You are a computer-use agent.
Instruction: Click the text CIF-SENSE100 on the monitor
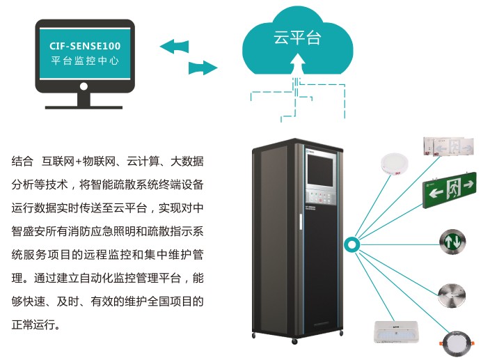(84, 46)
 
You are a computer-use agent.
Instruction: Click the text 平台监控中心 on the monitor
(84, 61)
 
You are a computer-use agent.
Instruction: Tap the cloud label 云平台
(297, 39)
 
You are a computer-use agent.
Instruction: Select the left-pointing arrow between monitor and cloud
(174, 47)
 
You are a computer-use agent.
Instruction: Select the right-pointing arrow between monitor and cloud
(203, 68)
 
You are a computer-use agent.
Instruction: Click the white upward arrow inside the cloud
(299, 65)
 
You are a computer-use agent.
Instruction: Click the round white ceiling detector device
(393, 164)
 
